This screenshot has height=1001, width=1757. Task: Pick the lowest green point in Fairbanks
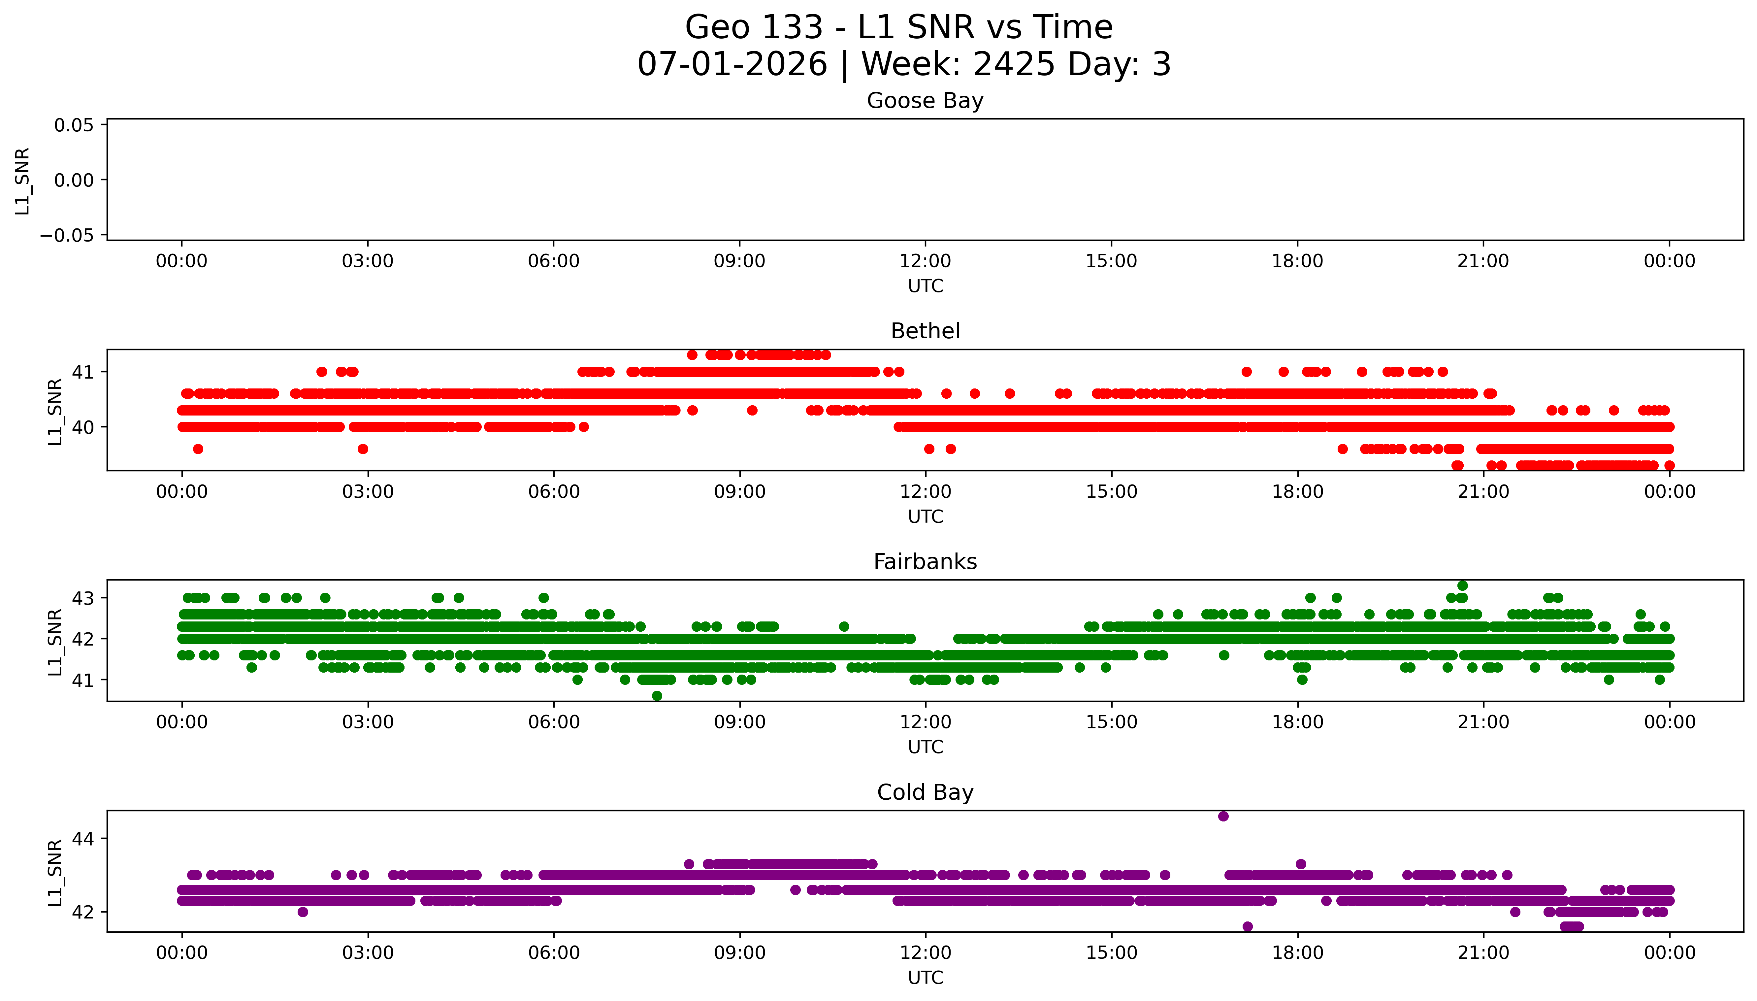click(657, 696)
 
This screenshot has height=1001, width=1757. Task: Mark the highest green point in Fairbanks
click(1462, 586)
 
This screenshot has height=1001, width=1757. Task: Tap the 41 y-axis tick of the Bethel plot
click(82, 372)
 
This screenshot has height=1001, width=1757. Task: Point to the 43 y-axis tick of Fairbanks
click(82, 598)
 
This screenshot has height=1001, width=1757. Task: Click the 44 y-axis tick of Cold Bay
click(82, 839)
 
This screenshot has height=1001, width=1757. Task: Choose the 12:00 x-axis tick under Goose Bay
click(925, 261)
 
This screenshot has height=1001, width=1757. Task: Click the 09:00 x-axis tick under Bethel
click(739, 491)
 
